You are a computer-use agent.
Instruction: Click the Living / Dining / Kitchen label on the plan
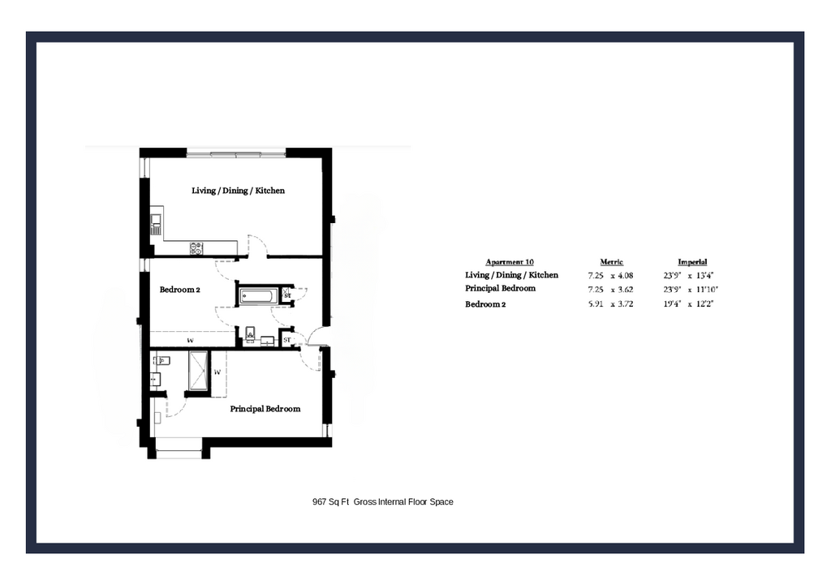238,191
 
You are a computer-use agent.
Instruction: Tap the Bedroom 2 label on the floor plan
179,290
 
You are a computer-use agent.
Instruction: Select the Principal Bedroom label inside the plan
265,409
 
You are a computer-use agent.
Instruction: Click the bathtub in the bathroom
258,295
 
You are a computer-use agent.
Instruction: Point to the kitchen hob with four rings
196,248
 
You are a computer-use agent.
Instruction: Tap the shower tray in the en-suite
198,371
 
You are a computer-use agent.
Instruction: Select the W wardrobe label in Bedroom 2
190,340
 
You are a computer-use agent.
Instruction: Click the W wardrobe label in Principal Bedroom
217,372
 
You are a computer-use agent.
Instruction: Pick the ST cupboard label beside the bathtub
287,295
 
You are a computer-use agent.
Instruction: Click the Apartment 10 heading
510,262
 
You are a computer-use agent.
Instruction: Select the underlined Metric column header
611,262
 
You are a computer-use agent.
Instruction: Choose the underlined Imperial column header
692,262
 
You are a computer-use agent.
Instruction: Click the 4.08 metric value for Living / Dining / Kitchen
626,276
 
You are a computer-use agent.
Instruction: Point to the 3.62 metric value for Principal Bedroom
626,290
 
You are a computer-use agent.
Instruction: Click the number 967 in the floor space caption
320,501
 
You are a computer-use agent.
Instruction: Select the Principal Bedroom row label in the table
500,288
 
